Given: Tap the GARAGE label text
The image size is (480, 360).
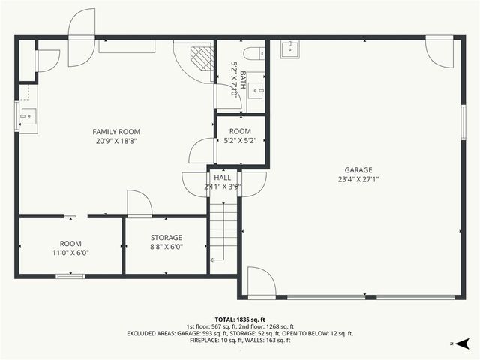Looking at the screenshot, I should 358,170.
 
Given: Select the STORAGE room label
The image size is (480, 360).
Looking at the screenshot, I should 166,237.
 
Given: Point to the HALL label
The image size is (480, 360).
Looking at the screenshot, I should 222,178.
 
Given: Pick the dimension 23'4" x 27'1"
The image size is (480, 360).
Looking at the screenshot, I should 358,179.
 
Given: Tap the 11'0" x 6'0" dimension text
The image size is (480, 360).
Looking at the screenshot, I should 70,253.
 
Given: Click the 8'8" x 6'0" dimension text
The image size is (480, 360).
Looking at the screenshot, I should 166,246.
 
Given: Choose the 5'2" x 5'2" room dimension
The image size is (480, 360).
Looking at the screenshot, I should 240,140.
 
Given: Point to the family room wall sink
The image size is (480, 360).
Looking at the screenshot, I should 28,117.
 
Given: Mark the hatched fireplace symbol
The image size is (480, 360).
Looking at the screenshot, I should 200,58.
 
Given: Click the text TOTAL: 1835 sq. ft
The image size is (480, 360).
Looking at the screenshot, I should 240,319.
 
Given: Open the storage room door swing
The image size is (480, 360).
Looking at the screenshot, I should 139,203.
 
